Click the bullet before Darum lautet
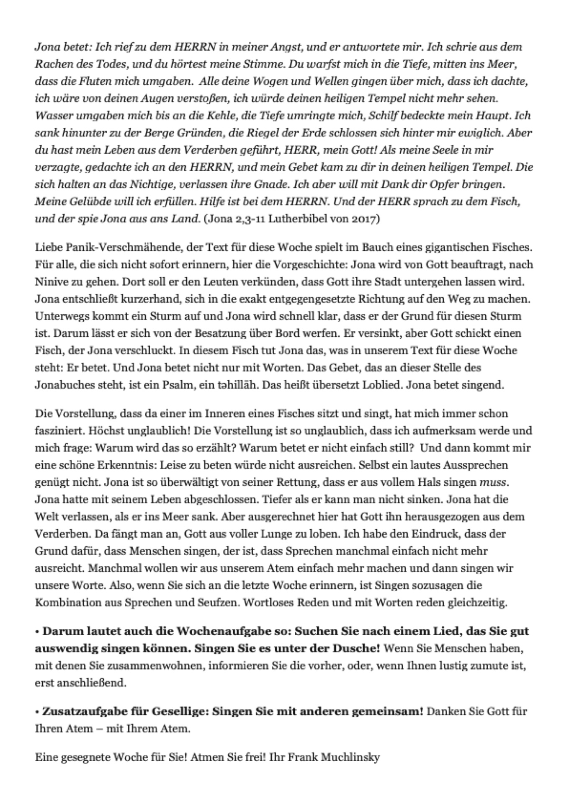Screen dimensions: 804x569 (x=37, y=632)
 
